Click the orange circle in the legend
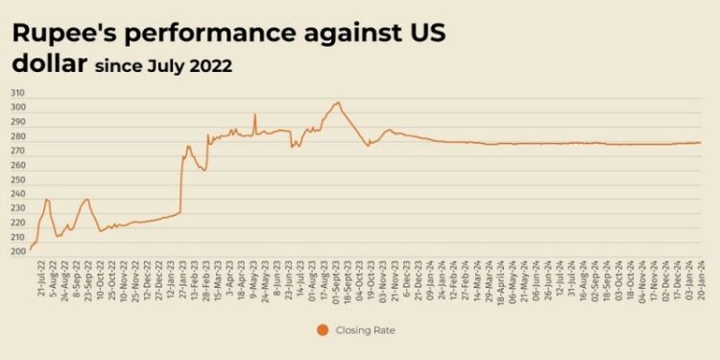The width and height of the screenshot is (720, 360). tap(321, 330)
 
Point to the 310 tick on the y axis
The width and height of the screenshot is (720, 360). tap(17, 93)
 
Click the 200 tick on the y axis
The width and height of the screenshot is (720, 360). tap(17, 252)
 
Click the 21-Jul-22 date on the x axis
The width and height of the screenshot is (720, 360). tap(39, 278)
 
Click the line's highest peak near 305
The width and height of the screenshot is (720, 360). tap(337, 102)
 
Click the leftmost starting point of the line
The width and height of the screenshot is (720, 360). tap(31, 249)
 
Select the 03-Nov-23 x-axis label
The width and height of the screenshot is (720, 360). tap(380, 278)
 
